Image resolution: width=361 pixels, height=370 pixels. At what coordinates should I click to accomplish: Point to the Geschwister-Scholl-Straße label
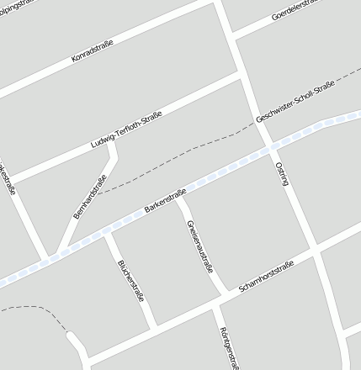click(295, 101)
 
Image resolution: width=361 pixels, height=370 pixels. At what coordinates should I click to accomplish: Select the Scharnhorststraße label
click(266, 277)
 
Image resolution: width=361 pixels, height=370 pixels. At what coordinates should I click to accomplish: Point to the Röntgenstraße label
click(226, 346)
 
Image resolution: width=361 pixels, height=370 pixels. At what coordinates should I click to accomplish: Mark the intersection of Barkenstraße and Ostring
click(269, 148)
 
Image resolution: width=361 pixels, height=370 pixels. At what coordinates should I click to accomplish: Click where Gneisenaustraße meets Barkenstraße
click(179, 198)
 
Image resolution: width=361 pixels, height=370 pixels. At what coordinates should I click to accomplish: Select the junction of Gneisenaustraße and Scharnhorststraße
click(224, 296)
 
